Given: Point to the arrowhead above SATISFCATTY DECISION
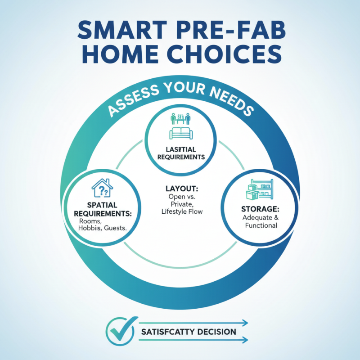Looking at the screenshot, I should tap(245, 322).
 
